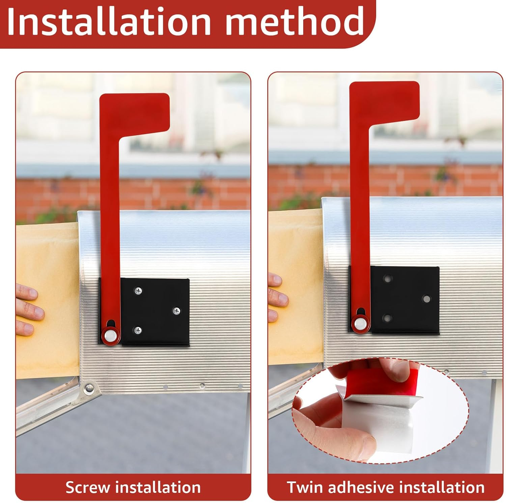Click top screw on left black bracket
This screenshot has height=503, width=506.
pos(138,291)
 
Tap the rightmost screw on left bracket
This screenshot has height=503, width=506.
pos(176,311)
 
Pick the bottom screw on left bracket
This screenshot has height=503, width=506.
pos(138,330)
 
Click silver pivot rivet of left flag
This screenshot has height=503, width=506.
pos(110,335)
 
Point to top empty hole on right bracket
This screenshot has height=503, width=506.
pos(387,279)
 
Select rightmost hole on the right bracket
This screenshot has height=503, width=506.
pos(427,299)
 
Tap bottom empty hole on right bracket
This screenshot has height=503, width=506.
pos(387,318)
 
